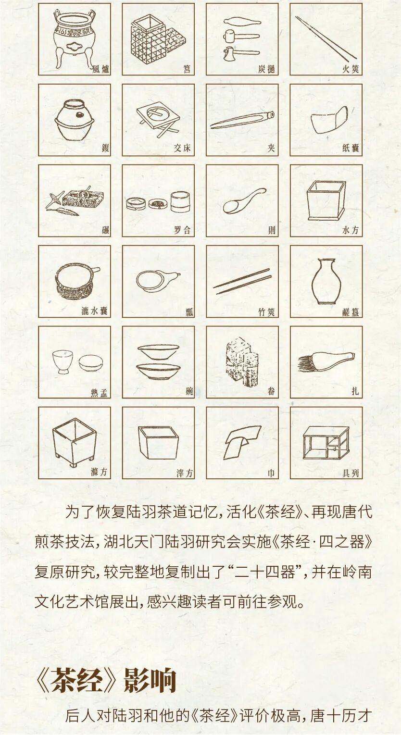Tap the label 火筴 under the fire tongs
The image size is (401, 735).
351,69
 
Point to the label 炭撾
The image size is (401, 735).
266,69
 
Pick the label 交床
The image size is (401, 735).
182,149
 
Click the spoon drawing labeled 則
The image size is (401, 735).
243,201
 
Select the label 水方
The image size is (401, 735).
351,230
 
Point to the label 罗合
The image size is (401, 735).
182,230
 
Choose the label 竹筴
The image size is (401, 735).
266,311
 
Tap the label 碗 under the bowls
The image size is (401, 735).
189,392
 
